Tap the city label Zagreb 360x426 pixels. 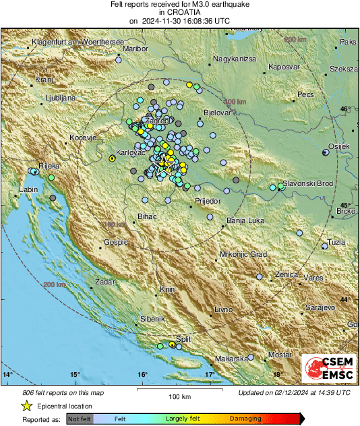[156, 121]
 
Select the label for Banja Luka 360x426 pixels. [244, 220]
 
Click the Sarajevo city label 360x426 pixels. [320, 307]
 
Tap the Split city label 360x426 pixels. [183, 339]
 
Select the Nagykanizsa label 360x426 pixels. [235, 59]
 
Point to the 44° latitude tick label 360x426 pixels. [344, 299]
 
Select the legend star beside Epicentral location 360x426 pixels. [26, 406]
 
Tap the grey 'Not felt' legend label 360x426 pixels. [80, 419]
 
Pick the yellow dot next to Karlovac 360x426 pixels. [112, 158]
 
